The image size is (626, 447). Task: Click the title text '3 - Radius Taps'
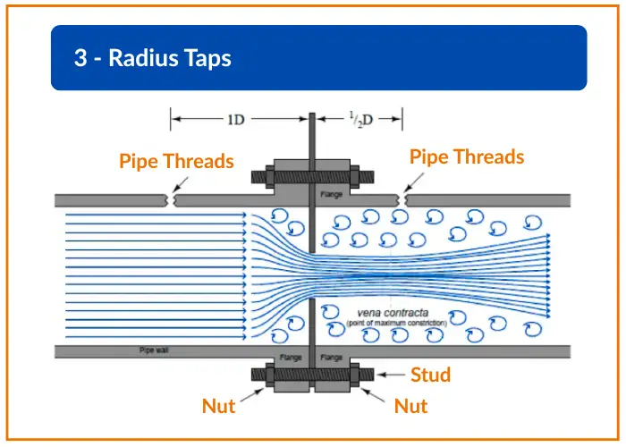[153, 59]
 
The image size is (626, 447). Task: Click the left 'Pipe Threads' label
[176, 161]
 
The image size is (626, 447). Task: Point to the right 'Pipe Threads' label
[466, 156]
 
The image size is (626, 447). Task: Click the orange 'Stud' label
[430, 375]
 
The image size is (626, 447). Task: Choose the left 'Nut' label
[218, 407]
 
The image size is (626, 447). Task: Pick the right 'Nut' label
[410, 407]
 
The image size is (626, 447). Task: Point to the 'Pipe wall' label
[152, 350]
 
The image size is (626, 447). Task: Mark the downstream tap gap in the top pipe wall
[404, 200]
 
